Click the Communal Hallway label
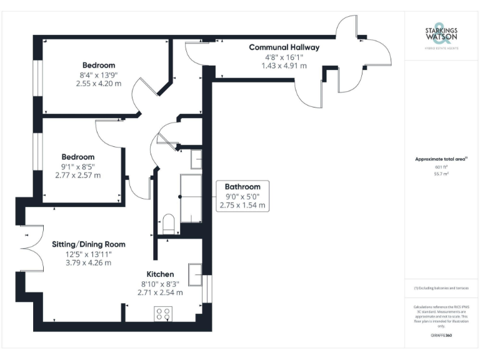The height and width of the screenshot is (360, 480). pos(284,47)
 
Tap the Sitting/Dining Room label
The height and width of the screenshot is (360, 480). pos(88,244)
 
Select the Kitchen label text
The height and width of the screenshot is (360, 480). pos(160,274)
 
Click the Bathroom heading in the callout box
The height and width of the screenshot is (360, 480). pos(242,187)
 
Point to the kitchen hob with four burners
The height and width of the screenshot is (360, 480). pos(164,314)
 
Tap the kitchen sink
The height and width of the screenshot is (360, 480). pos(195,274)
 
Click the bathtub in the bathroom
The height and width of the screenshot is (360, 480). pos(190,198)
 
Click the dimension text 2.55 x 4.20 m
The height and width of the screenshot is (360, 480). pos(99,83)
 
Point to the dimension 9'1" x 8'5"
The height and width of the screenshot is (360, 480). pos(77,166)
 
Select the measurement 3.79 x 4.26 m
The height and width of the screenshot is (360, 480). pos(88,262)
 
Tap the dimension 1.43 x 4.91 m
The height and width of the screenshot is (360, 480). pos(284,65)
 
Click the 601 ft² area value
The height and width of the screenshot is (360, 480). pos(441,167)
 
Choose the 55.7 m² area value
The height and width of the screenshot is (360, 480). pos(441,174)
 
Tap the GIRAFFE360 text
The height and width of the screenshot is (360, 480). pos(441,336)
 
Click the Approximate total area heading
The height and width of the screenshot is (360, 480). pos(440,159)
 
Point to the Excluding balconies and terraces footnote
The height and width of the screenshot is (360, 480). pos(441,288)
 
